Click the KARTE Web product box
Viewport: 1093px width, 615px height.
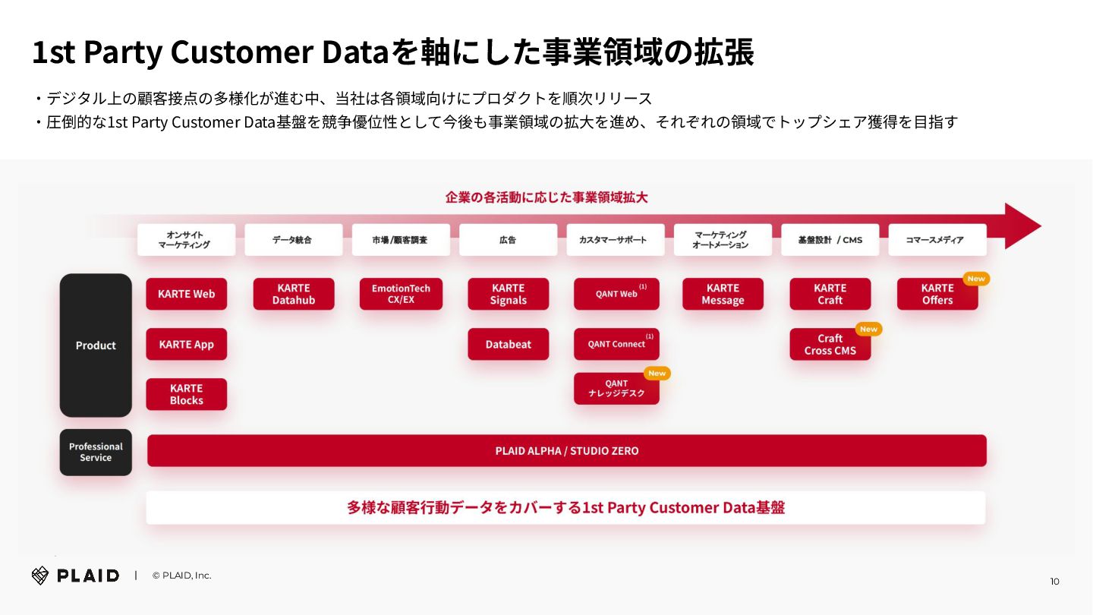tap(186, 294)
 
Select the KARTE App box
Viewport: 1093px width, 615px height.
tap(186, 344)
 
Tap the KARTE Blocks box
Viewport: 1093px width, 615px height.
tap(186, 394)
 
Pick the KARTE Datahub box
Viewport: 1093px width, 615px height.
tap(294, 294)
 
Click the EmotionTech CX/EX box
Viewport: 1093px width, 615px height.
tap(401, 294)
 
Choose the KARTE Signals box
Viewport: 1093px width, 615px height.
tap(508, 294)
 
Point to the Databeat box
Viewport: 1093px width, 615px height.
tap(508, 344)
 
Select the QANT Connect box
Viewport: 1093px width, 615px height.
tap(616, 344)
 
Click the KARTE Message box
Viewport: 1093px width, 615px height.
tap(723, 294)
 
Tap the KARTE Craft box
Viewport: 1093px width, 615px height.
tap(830, 294)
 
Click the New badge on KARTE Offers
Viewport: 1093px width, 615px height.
tap(976, 279)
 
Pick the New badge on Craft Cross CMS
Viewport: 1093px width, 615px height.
tap(868, 329)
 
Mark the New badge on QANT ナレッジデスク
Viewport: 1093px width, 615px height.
tap(657, 373)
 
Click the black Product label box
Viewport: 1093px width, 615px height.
tap(96, 345)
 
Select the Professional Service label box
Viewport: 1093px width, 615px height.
tap(96, 453)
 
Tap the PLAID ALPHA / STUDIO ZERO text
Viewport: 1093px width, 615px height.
tap(566, 451)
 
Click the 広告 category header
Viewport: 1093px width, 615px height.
tap(508, 240)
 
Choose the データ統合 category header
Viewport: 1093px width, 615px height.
tap(293, 240)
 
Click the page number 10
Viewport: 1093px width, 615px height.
tap(1054, 582)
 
